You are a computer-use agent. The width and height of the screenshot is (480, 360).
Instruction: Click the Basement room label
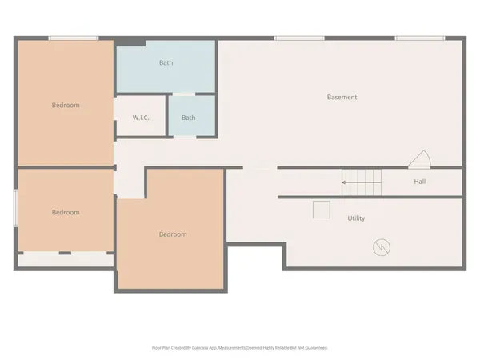click(342, 98)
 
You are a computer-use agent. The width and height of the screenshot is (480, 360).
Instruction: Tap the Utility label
click(356, 218)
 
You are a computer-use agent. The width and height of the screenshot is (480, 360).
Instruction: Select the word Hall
click(419, 182)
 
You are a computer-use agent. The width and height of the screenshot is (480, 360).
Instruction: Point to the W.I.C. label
click(141, 118)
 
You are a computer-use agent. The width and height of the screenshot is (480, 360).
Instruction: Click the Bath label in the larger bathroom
click(166, 62)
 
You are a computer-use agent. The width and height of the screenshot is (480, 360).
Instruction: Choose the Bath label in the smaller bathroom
click(188, 118)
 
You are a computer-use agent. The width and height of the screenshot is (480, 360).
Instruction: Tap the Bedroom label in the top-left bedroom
click(66, 105)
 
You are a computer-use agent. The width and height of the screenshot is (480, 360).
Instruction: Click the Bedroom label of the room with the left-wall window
click(66, 212)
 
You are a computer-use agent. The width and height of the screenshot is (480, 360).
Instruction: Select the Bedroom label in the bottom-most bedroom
click(172, 234)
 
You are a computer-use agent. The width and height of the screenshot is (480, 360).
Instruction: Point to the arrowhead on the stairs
click(344, 182)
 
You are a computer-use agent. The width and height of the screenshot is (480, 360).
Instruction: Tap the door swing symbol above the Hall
click(419, 159)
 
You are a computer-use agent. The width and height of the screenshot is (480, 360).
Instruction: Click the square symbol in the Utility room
click(322, 209)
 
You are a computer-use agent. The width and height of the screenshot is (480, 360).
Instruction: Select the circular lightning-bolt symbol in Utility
click(382, 247)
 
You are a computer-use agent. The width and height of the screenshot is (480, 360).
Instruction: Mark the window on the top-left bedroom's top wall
click(74, 38)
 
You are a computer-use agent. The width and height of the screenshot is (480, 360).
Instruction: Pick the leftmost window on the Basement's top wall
click(299, 38)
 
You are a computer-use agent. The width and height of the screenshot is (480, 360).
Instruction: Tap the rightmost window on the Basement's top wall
click(420, 38)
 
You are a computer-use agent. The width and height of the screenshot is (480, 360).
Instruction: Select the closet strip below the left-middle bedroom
click(66, 259)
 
